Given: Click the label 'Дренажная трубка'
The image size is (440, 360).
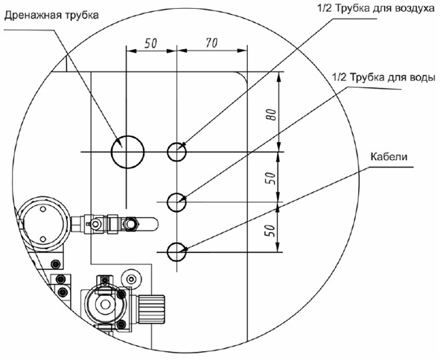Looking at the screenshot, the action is tap(51, 15).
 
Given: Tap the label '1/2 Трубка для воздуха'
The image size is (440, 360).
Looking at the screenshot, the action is tap(376, 8).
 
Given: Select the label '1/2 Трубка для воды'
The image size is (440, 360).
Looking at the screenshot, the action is tap(383, 77).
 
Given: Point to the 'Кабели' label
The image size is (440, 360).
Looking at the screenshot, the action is tap(389, 157).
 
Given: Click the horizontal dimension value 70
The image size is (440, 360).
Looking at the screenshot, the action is tap(211, 43).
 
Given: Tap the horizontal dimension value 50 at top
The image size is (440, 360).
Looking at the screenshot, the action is tap(150, 43).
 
